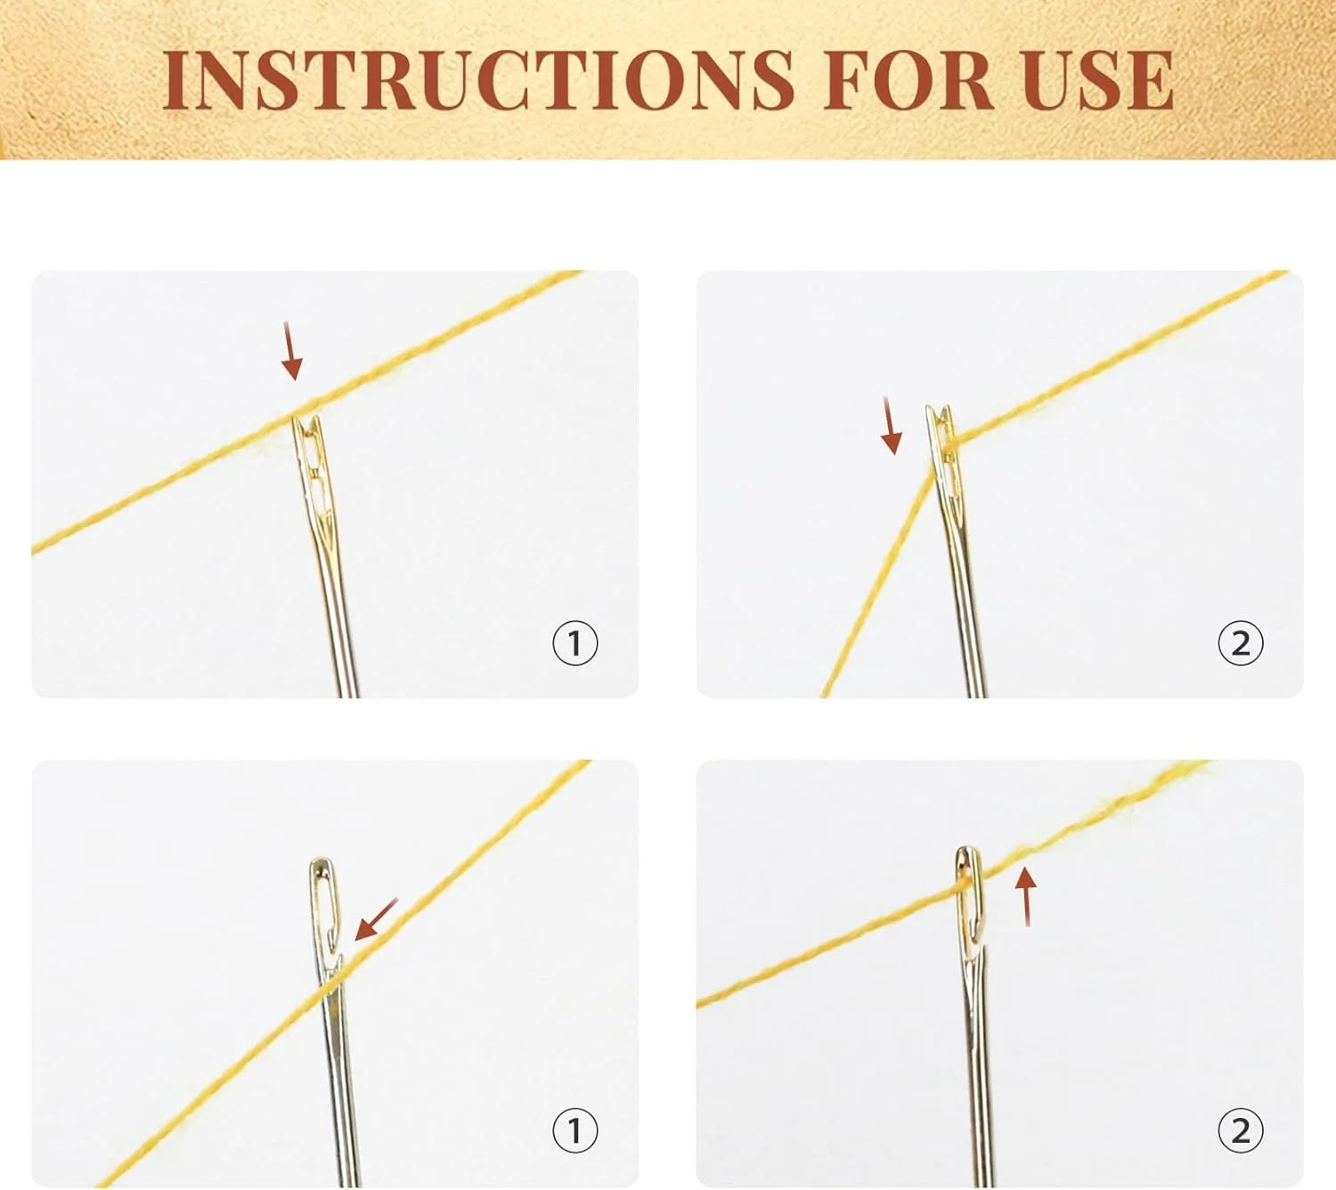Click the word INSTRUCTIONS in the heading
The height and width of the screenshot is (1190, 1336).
click(479, 79)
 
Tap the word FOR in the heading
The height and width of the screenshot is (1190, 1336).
click(908, 79)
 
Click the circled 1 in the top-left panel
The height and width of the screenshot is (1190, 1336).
click(575, 642)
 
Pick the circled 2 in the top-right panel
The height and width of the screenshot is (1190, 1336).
click(1241, 642)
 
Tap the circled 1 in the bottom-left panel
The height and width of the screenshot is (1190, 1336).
click(575, 1130)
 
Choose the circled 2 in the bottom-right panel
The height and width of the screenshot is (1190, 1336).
click(1241, 1130)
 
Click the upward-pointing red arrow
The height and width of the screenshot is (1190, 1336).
click(1025, 897)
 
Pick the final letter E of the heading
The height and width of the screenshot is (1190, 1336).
click(1151, 79)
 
